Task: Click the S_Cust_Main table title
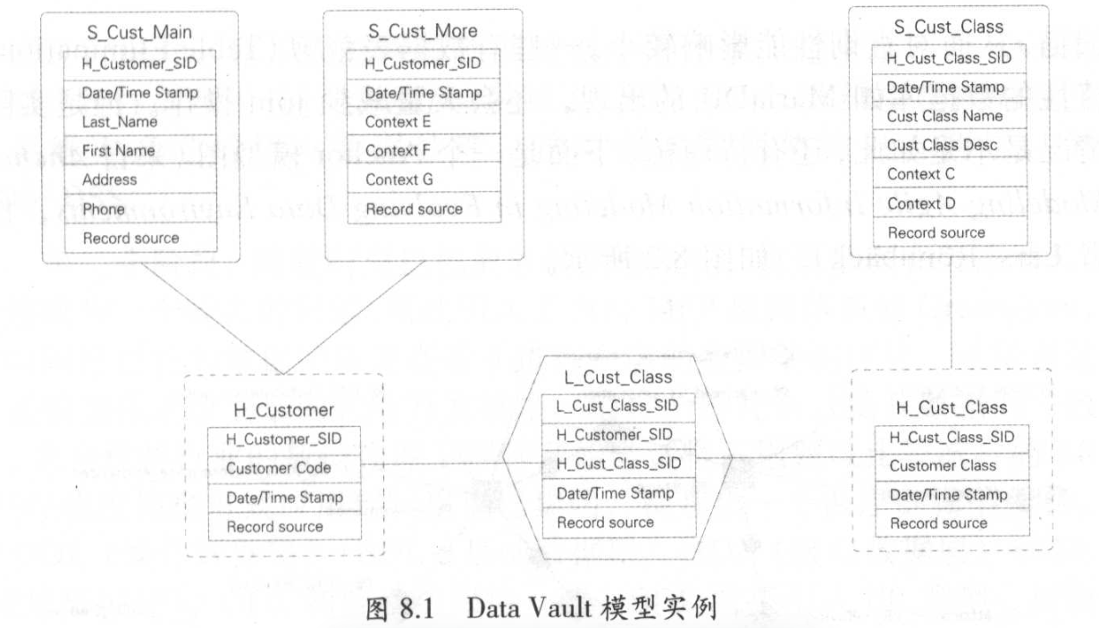pos(141,32)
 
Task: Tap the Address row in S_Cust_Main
pos(110,180)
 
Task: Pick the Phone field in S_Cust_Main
pos(104,209)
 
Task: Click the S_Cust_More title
pos(423,31)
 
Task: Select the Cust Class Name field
pos(944,116)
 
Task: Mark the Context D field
pos(921,204)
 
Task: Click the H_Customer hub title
pos(283,410)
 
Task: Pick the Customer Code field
pos(279,467)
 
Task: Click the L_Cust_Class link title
pos(618,377)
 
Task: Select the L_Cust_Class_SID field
pos(617,406)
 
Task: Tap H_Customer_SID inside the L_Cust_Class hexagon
pos(614,434)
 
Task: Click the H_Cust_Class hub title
pos(951,407)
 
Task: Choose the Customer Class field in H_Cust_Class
pos(942,465)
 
